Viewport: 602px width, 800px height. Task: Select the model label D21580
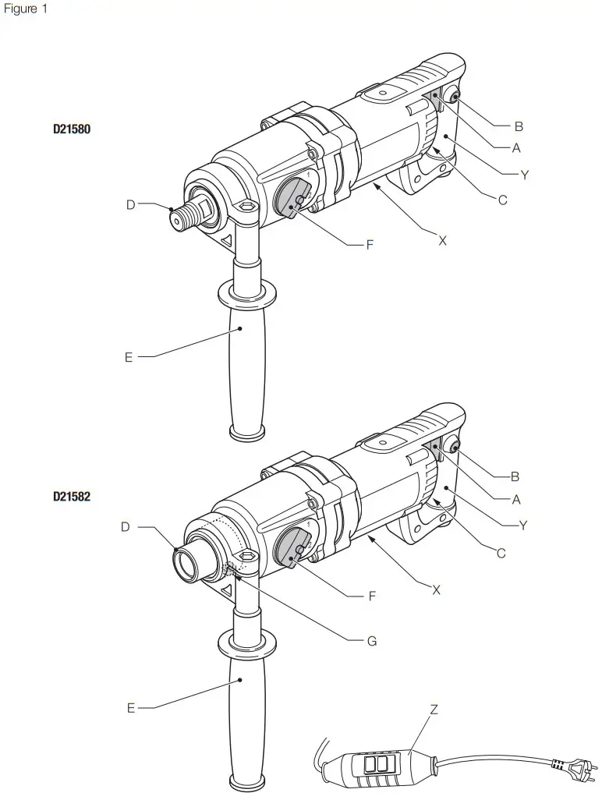click(x=72, y=129)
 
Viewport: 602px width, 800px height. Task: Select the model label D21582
click(x=72, y=495)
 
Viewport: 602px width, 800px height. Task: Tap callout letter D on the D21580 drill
click(x=131, y=205)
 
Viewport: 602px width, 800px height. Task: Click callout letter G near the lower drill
click(x=372, y=641)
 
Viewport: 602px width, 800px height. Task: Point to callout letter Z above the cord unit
click(x=434, y=710)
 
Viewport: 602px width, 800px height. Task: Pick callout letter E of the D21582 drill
click(x=131, y=708)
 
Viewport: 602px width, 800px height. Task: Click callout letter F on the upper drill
click(x=370, y=245)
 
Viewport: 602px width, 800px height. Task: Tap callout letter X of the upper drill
click(x=442, y=241)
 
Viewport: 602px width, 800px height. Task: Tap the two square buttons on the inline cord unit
click(x=376, y=763)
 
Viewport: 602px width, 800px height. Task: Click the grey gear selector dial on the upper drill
click(x=295, y=197)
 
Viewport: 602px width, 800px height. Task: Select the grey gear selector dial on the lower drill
click(x=295, y=547)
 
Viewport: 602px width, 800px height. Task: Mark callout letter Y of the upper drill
click(x=524, y=175)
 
